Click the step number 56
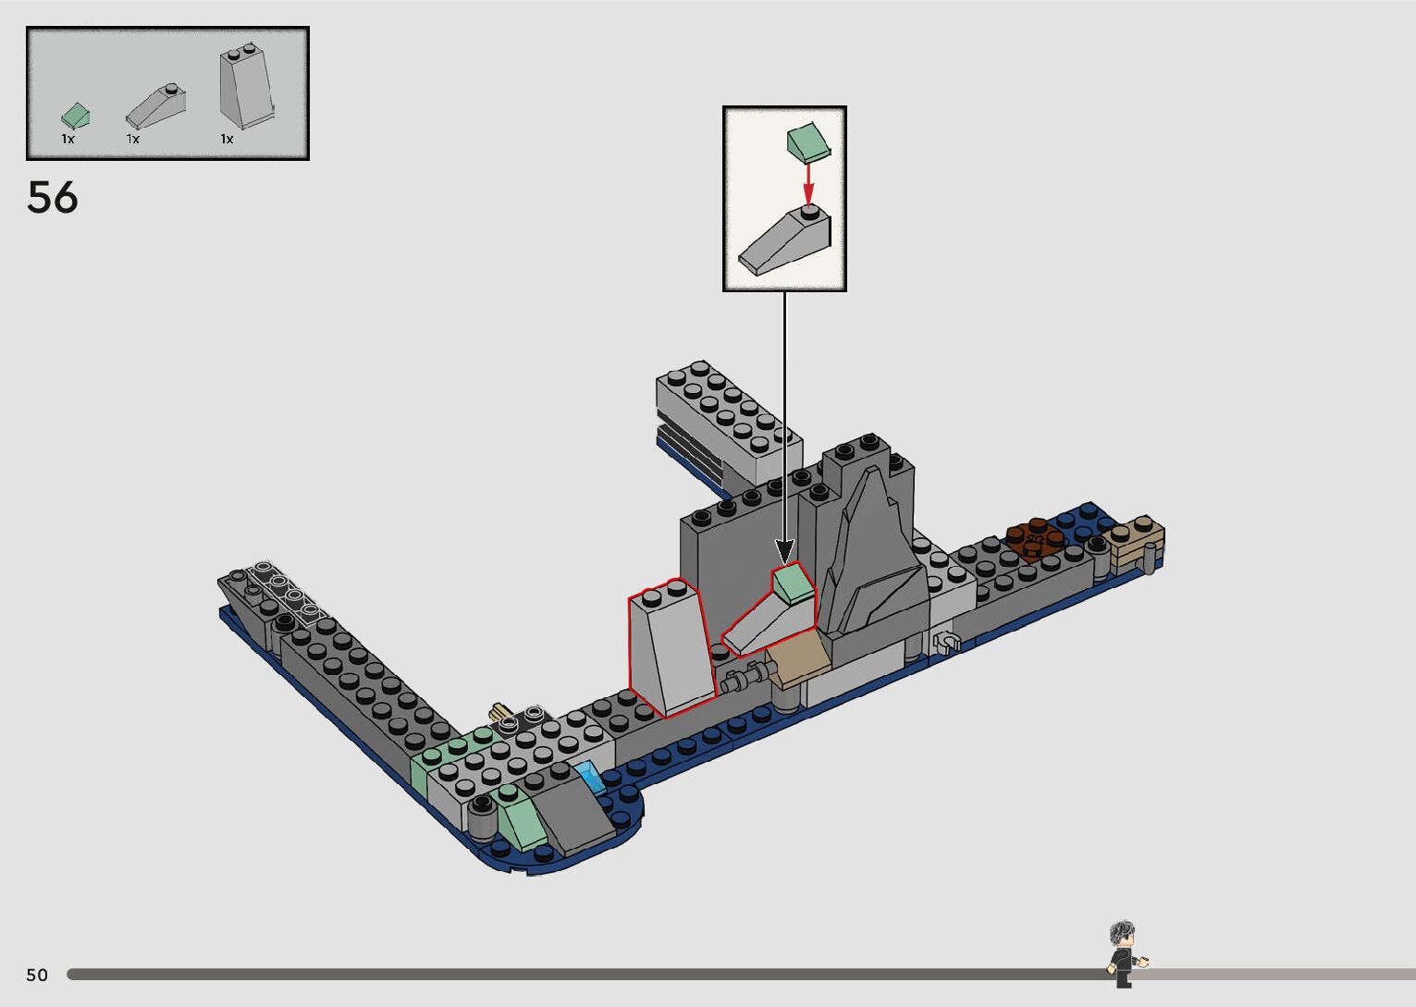[x=53, y=197]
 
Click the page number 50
[x=37, y=975]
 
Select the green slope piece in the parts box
[x=76, y=117]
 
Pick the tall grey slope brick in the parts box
[x=247, y=87]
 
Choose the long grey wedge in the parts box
[x=156, y=104]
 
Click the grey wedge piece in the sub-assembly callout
[x=785, y=240]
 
